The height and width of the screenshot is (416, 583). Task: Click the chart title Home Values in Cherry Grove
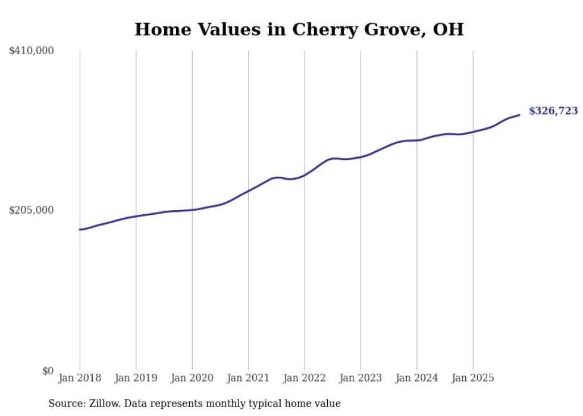click(299, 29)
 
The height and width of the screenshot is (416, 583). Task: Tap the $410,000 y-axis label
click(32, 51)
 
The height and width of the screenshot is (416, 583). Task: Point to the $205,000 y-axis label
click(32, 210)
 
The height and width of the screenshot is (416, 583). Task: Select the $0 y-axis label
click(48, 371)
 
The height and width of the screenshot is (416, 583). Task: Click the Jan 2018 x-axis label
click(80, 378)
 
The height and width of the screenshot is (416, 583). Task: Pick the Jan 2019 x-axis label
click(136, 378)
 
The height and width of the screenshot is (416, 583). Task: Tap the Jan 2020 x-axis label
click(192, 378)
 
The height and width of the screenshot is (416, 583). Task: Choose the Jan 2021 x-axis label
click(248, 378)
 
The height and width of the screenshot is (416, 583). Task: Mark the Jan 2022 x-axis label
click(305, 378)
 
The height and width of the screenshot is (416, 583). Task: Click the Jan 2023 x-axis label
click(361, 378)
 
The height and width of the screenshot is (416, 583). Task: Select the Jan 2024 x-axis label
click(417, 378)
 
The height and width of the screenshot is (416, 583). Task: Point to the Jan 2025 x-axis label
click(473, 378)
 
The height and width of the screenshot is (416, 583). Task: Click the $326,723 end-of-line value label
click(553, 111)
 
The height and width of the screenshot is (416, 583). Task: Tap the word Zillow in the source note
click(103, 404)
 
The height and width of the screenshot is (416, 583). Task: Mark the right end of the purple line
click(519, 115)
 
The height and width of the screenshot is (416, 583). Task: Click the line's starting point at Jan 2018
click(80, 229)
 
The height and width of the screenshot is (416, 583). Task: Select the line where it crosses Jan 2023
click(361, 157)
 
